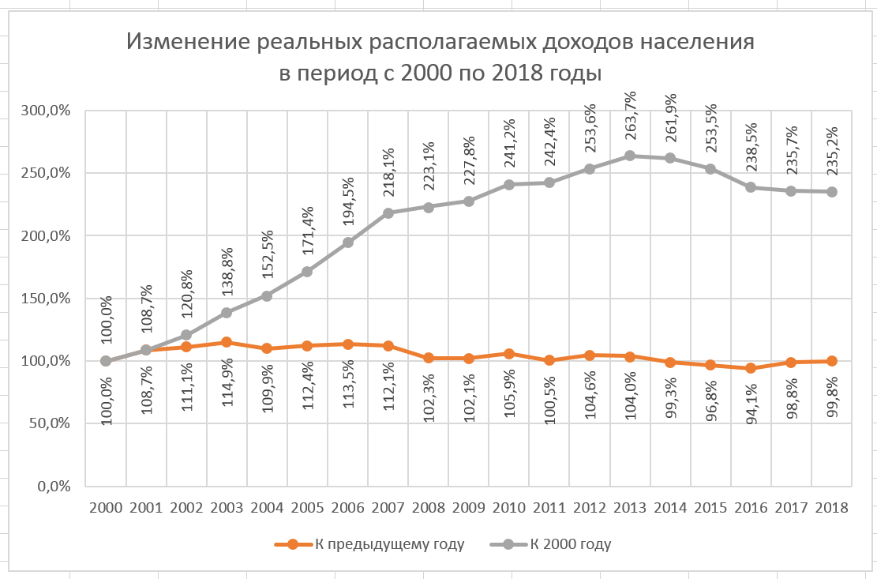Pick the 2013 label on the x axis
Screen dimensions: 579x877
coord(631,508)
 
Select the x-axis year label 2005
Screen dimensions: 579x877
coord(308,508)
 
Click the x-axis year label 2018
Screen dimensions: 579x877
coord(833,508)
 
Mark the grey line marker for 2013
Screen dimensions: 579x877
coord(631,156)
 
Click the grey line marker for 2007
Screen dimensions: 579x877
coord(388,213)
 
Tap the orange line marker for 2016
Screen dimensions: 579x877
coord(751,368)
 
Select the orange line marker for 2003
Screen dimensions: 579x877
coord(227,342)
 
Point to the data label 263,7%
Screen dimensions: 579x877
coord(631,118)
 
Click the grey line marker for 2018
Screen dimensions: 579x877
coord(833,192)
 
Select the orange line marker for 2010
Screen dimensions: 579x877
coord(510,354)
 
